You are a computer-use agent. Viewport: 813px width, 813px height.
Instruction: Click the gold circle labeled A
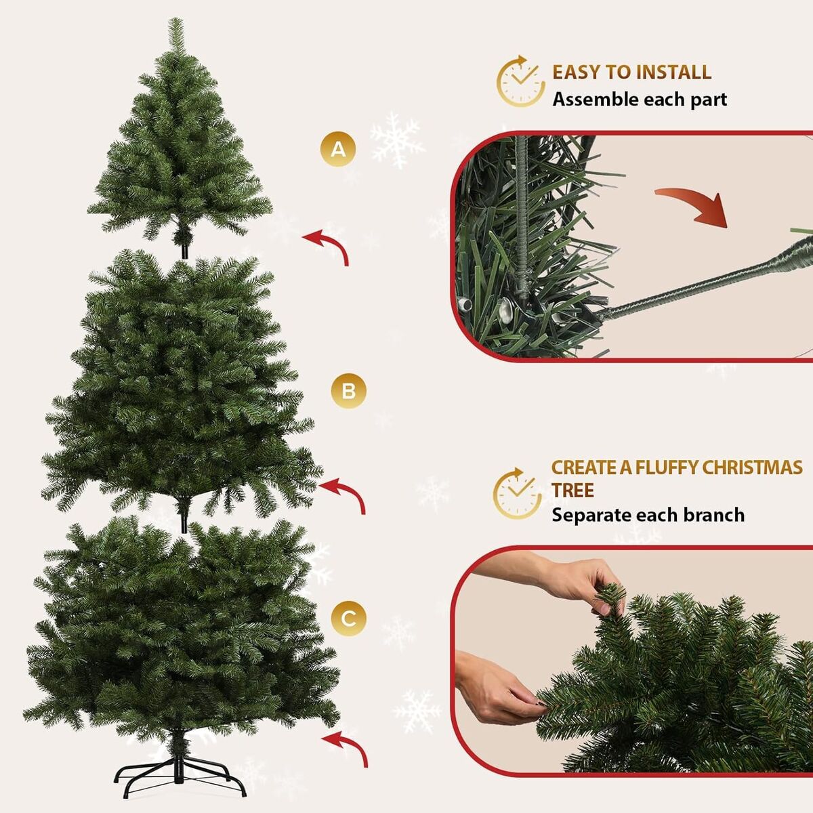pos(338,149)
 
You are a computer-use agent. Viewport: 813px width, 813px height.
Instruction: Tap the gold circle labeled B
pos(348,391)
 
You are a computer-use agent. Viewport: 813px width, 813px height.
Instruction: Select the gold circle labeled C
pos(348,619)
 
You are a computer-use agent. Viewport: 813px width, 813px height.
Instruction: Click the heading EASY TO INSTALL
pos(631,72)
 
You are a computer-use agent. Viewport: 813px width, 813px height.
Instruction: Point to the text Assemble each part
pos(640,100)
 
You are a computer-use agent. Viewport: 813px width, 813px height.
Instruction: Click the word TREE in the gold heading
pos(572,491)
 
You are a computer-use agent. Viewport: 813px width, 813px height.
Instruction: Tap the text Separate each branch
pos(648,515)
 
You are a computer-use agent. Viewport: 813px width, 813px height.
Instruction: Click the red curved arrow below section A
pos(333,243)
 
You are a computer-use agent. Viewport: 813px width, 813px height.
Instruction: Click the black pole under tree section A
pos(184,251)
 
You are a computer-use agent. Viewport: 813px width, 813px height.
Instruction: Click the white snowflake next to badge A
pos(396,140)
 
